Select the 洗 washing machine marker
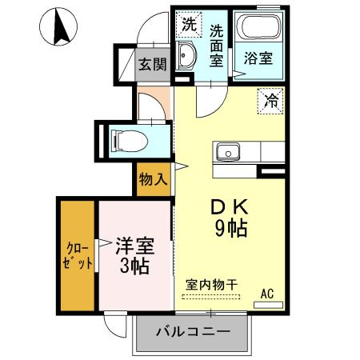pos(188,24)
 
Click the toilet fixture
pos(128,141)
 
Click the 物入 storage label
pos(153,179)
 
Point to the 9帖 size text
pos(230,228)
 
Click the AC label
pos(266,295)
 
